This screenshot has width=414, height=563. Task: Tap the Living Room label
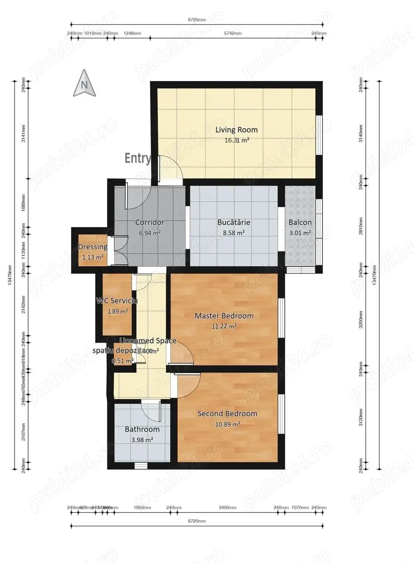point(236,130)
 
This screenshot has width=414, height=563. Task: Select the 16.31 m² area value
point(236,140)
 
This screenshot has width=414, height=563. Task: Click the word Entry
point(138,158)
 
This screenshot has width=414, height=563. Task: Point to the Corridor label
point(150,222)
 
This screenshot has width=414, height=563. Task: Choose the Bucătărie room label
point(233,222)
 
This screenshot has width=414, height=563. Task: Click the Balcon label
point(300,222)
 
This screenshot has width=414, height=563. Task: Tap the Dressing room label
point(93,247)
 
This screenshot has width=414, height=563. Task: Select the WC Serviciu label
point(117,301)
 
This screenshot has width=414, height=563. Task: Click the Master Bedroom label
point(224,316)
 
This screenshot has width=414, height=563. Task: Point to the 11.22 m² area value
point(224,326)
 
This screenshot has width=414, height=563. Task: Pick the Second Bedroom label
point(227,414)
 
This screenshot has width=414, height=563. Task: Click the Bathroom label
point(142,429)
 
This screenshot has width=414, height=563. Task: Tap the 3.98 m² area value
point(142,440)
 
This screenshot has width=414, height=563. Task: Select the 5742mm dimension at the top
point(233,33)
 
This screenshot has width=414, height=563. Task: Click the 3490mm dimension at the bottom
point(227,508)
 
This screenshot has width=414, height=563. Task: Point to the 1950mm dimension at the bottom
point(142,508)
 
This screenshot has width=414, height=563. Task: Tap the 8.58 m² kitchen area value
point(233,233)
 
